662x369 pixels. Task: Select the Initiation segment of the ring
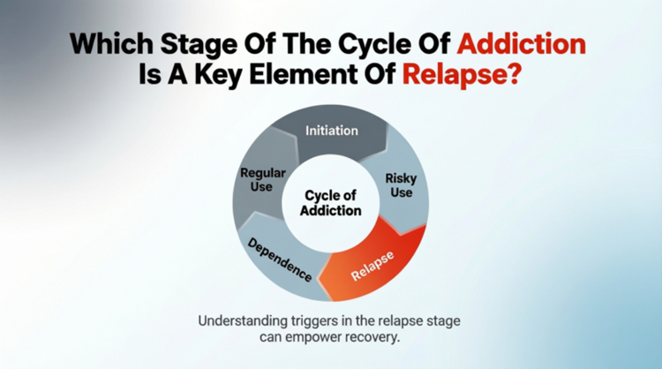331,131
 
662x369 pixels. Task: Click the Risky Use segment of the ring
400,185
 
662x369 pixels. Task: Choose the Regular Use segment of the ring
262,180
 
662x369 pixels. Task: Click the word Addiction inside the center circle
332,211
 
